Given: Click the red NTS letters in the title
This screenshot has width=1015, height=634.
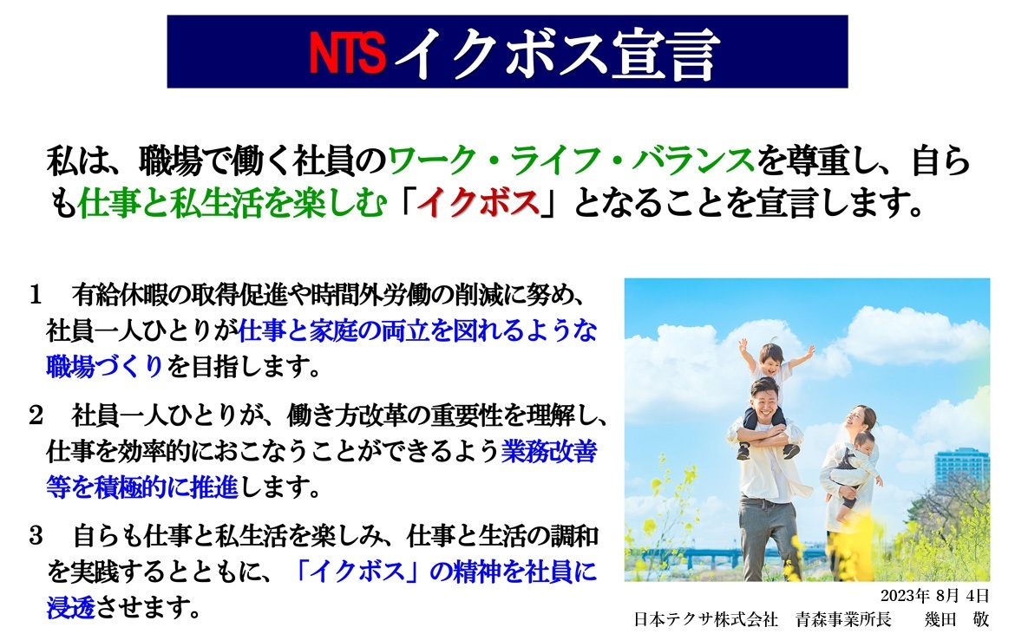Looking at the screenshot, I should pyautogui.click(x=347, y=54).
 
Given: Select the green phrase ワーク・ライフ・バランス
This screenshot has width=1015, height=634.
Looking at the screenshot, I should pyautogui.click(x=570, y=161).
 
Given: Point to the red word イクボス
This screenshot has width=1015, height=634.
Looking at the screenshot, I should pyautogui.click(x=475, y=205).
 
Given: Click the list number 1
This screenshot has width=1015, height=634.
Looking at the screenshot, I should pyautogui.click(x=36, y=296).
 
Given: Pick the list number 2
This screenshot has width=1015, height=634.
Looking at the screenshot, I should pyautogui.click(x=36, y=415).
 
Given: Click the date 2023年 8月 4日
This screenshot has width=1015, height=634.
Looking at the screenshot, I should pyautogui.click(x=934, y=596).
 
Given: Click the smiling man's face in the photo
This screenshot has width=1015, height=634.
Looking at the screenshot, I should pyautogui.click(x=764, y=401).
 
